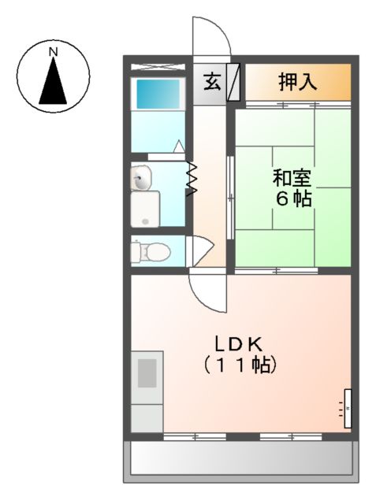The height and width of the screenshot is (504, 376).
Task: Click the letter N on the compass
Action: click(x=54, y=53)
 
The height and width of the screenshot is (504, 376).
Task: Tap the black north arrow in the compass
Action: click(x=54, y=81)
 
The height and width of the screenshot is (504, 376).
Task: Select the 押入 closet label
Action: click(x=297, y=82)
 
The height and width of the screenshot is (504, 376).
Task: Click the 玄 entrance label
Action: click(x=211, y=82)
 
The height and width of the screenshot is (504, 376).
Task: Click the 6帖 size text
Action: click(x=293, y=198)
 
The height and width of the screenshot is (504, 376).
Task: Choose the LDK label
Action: click(x=240, y=344)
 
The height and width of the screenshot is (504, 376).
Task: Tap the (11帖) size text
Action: click(x=240, y=365)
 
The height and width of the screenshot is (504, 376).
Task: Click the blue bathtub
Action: click(x=158, y=94)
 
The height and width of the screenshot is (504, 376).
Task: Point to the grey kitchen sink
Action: click(x=147, y=372)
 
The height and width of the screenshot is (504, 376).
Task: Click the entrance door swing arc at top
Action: click(x=211, y=35)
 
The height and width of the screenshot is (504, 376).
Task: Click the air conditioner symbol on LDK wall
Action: click(x=344, y=409)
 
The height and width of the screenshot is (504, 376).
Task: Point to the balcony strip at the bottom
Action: click(x=240, y=458)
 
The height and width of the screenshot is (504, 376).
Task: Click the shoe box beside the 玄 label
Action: click(x=233, y=82)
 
